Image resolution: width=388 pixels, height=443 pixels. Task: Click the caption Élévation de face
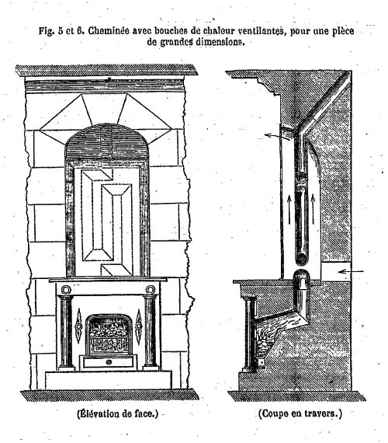tap(118, 414)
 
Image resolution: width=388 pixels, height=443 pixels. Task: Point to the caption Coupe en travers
tap(300, 413)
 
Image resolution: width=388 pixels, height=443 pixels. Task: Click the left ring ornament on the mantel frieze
tap(66, 290)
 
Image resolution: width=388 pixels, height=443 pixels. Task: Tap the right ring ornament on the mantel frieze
tap(151, 290)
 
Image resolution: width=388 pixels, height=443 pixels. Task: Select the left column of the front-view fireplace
tap(66, 333)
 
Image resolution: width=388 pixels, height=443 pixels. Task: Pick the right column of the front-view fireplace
tap(151, 333)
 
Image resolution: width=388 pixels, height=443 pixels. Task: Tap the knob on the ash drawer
tap(109, 362)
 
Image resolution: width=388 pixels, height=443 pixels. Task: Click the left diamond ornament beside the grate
tap(78, 326)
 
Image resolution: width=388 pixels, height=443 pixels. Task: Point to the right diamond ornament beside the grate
tap(138, 326)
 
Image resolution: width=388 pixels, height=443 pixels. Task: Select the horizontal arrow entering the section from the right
tap(351, 272)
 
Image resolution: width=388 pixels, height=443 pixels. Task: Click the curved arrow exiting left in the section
tap(275, 136)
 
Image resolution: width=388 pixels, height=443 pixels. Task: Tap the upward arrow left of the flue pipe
tap(289, 209)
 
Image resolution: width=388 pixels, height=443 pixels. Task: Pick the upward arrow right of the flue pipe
tap(313, 209)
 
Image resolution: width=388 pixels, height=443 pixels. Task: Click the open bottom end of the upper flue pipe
tap(301, 259)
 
